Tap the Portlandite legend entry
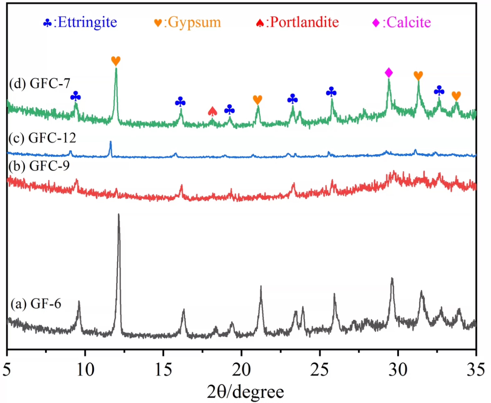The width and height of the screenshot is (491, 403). (296, 22)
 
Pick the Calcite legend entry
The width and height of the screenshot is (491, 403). (401, 22)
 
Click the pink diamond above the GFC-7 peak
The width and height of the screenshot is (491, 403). (389, 73)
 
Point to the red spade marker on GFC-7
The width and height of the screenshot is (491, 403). (212, 111)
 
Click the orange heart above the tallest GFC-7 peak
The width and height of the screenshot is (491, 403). (116, 61)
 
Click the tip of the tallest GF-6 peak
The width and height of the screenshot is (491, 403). (119, 214)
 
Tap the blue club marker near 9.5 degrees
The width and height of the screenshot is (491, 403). (75, 97)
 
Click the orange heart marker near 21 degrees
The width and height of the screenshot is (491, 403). (258, 100)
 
